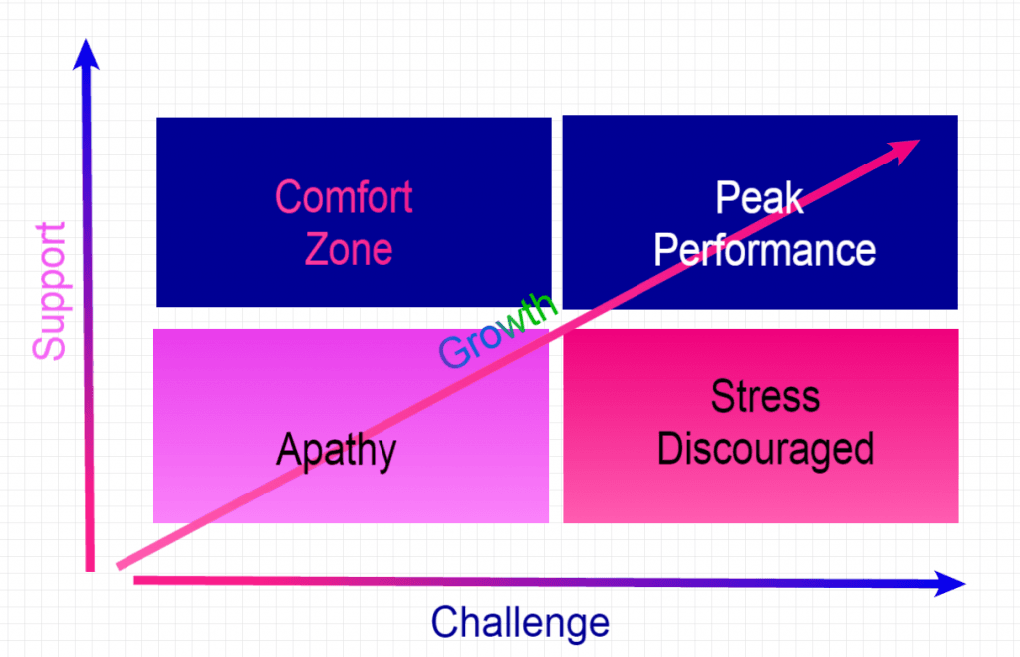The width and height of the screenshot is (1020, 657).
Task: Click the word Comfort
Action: tap(344, 196)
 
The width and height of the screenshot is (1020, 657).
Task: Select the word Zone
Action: tap(349, 249)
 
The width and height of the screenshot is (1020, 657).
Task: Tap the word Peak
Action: tap(759, 197)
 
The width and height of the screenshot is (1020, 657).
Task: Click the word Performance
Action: tap(764, 251)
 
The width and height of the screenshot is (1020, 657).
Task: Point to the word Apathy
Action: tap(337, 451)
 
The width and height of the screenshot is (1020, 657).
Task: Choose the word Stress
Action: tap(765, 396)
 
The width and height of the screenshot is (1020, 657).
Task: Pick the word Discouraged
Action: tap(765, 449)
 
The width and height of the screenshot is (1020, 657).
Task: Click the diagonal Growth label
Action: tap(498, 330)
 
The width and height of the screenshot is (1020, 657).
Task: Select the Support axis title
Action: tap(50, 291)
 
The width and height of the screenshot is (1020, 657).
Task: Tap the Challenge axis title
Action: tap(520, 622)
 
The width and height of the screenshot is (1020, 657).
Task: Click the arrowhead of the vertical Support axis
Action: tap(86, 54)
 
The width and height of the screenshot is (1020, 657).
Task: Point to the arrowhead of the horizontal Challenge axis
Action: tap(949, 584)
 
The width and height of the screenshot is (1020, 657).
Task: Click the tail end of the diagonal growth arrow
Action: tap(118, 567)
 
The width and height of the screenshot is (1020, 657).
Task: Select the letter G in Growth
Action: tap(454, 354)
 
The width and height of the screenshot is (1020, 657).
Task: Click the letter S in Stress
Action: tap(723, 396)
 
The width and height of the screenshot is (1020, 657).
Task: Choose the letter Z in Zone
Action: tap(316, 249)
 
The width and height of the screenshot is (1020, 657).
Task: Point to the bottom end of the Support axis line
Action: tap(90, 571)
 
